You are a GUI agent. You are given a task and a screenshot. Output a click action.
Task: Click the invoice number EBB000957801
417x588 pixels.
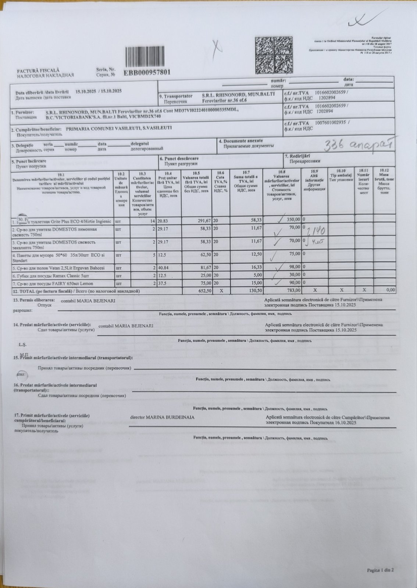[147, 72]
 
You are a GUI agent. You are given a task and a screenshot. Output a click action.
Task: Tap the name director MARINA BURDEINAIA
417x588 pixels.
[162, 418]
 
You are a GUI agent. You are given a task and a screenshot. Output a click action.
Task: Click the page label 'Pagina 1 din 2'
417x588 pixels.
[380, 570]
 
